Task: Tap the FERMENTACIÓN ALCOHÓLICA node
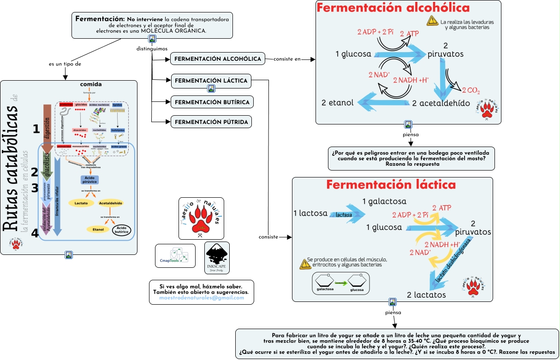(x=218, y=59)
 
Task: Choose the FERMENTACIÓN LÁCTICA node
(x=211, y=81)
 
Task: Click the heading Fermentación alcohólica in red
(x=393, y=8)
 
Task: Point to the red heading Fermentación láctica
(x=391, y=185)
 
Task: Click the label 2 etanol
(x=338, y=102)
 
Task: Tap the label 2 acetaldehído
(x=441, y=103)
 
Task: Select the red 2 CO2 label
(x=471, y=90)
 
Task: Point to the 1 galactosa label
(x=384, y=201)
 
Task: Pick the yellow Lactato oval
(x=81, y=203)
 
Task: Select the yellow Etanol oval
(x=98, y=229)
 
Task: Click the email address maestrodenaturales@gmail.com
(x=201, y=298)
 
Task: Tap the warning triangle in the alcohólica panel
(x=432, y=20)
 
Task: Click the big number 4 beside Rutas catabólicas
(x=35, y=233)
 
